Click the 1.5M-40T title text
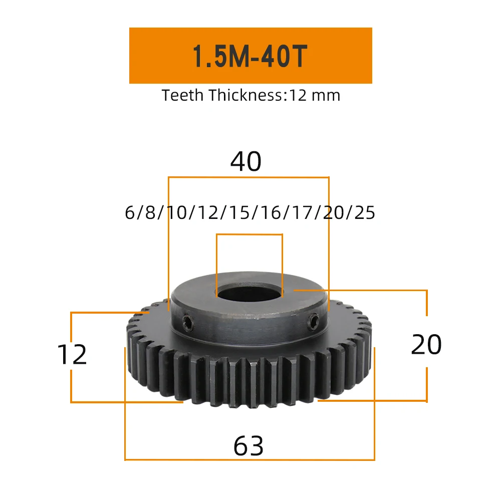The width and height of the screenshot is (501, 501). (x=249, y=57)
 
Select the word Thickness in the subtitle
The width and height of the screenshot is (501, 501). (x=245, y=95)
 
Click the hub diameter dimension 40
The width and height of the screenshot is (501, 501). (x=246, y=162)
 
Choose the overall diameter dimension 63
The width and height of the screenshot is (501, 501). (x=248, y=445)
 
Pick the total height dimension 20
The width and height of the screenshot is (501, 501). (x=426, y=345)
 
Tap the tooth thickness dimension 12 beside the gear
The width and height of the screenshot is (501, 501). (x=72, y=355)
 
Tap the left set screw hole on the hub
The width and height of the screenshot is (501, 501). (x=187, y=324)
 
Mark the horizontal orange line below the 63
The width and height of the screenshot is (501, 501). (x=249, y=459)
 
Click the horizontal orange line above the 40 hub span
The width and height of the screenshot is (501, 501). (x=248, y=177)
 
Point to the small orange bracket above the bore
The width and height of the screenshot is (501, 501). (x=249, y=234)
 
